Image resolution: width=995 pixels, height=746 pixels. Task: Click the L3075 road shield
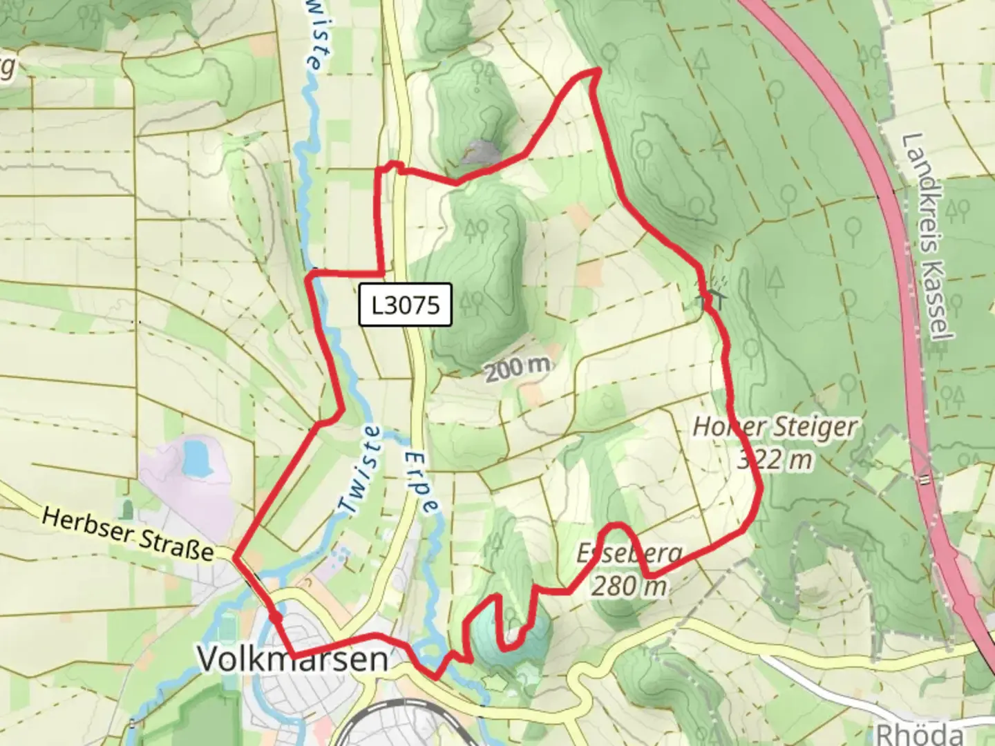(405, 305)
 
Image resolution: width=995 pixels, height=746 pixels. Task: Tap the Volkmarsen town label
(293, 659)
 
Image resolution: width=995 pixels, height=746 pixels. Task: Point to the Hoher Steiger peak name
(775, 427)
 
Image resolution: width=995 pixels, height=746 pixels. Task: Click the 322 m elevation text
(775, 459)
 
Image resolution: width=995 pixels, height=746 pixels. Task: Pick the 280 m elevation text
(629, 586)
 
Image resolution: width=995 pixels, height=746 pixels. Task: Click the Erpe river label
(420, 482)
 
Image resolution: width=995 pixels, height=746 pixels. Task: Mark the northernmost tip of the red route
(596, 70)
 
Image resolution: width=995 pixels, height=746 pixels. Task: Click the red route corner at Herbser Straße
(236, 557)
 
